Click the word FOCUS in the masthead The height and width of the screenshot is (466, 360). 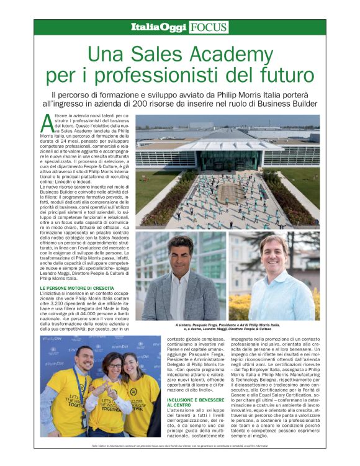click(x=209, y=27)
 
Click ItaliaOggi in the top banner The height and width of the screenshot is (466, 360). click(x=158, y=27)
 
